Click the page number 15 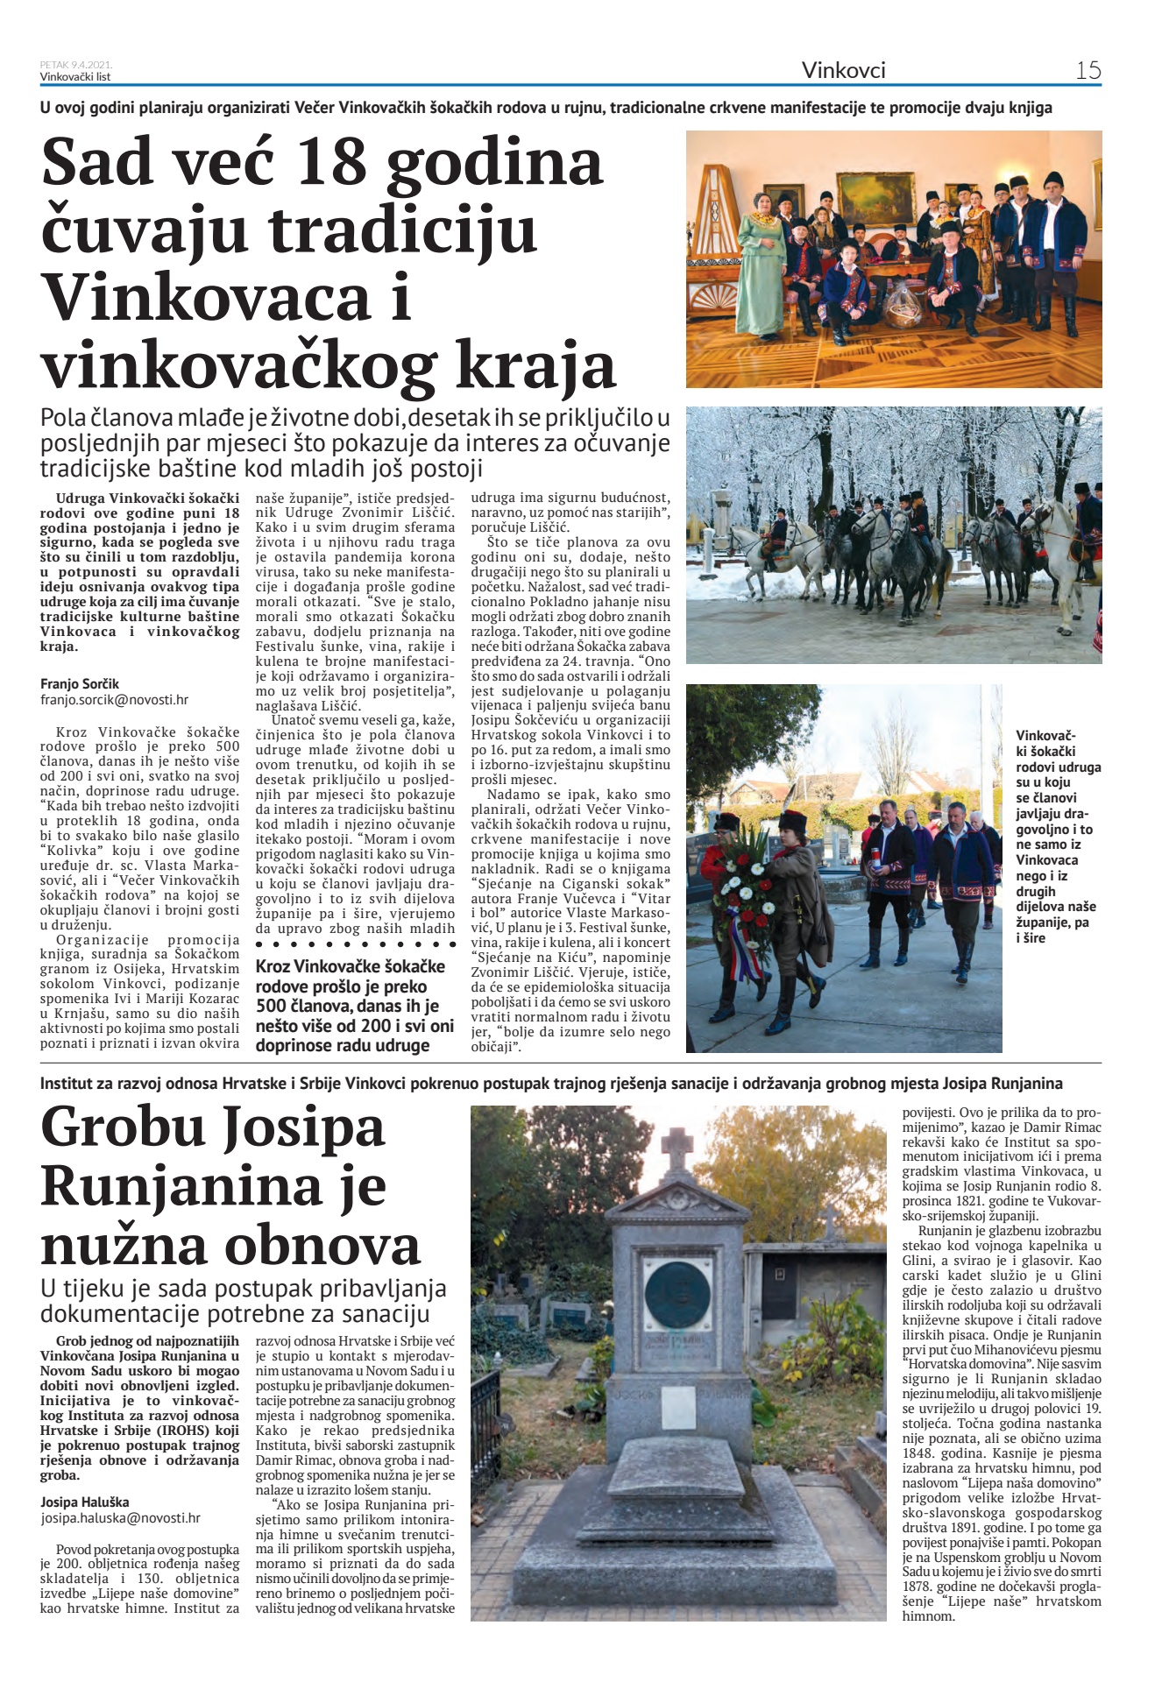1088,71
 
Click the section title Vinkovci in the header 843,71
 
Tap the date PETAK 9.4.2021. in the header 76,65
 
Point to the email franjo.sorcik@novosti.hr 114,700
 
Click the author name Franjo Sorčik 80,683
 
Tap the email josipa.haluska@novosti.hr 120,1519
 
